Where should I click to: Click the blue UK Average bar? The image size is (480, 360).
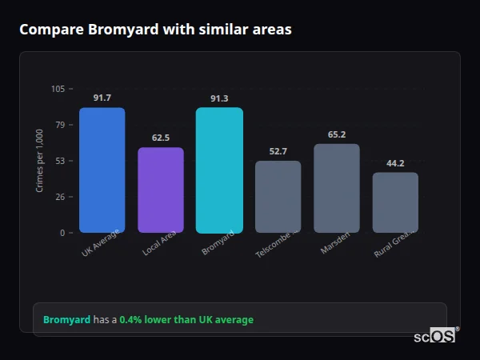pyautogui.click(x=102, y=170)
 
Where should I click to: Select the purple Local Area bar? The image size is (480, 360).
pyautogui.click(x=161, y=190)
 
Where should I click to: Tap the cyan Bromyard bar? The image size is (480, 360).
pyautogui.click(x=219, y=170)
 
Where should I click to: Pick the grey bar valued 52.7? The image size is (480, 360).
pyautogui.click(x=278, y=197)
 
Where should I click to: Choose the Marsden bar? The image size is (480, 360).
pyautogui.click(x=337, y=188)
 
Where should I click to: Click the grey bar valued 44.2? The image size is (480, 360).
pyautogui.click(x=395, y=202)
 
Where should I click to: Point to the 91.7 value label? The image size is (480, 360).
pyautogui.click(x=102, y=98)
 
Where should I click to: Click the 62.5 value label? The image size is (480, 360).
pyautogui.click(x=161, y=138)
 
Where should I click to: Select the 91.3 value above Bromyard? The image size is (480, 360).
pyautogui.click(x=219, y=98)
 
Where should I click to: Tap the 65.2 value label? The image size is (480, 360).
pyautogui.click(x=337, y=134)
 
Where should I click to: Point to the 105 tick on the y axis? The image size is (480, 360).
pyautogui.click(x=58, y=89)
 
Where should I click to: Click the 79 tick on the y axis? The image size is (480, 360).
pyautogui.click(x=60, y=125)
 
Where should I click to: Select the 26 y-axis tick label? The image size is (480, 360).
pyautogui.click(x=60, y=197)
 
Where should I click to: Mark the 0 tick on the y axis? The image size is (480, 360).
pyautogui.click(x=62, y=233)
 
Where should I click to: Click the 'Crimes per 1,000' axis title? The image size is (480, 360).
pyautogui.click(x=40, y=161)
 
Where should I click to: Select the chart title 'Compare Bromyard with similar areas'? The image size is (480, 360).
pyautogui.click(x=155, y=30)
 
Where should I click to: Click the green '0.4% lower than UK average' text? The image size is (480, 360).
pyautogui.click(x=186, y=320)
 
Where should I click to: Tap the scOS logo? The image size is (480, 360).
pyautogui.click(x=435, y=336)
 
